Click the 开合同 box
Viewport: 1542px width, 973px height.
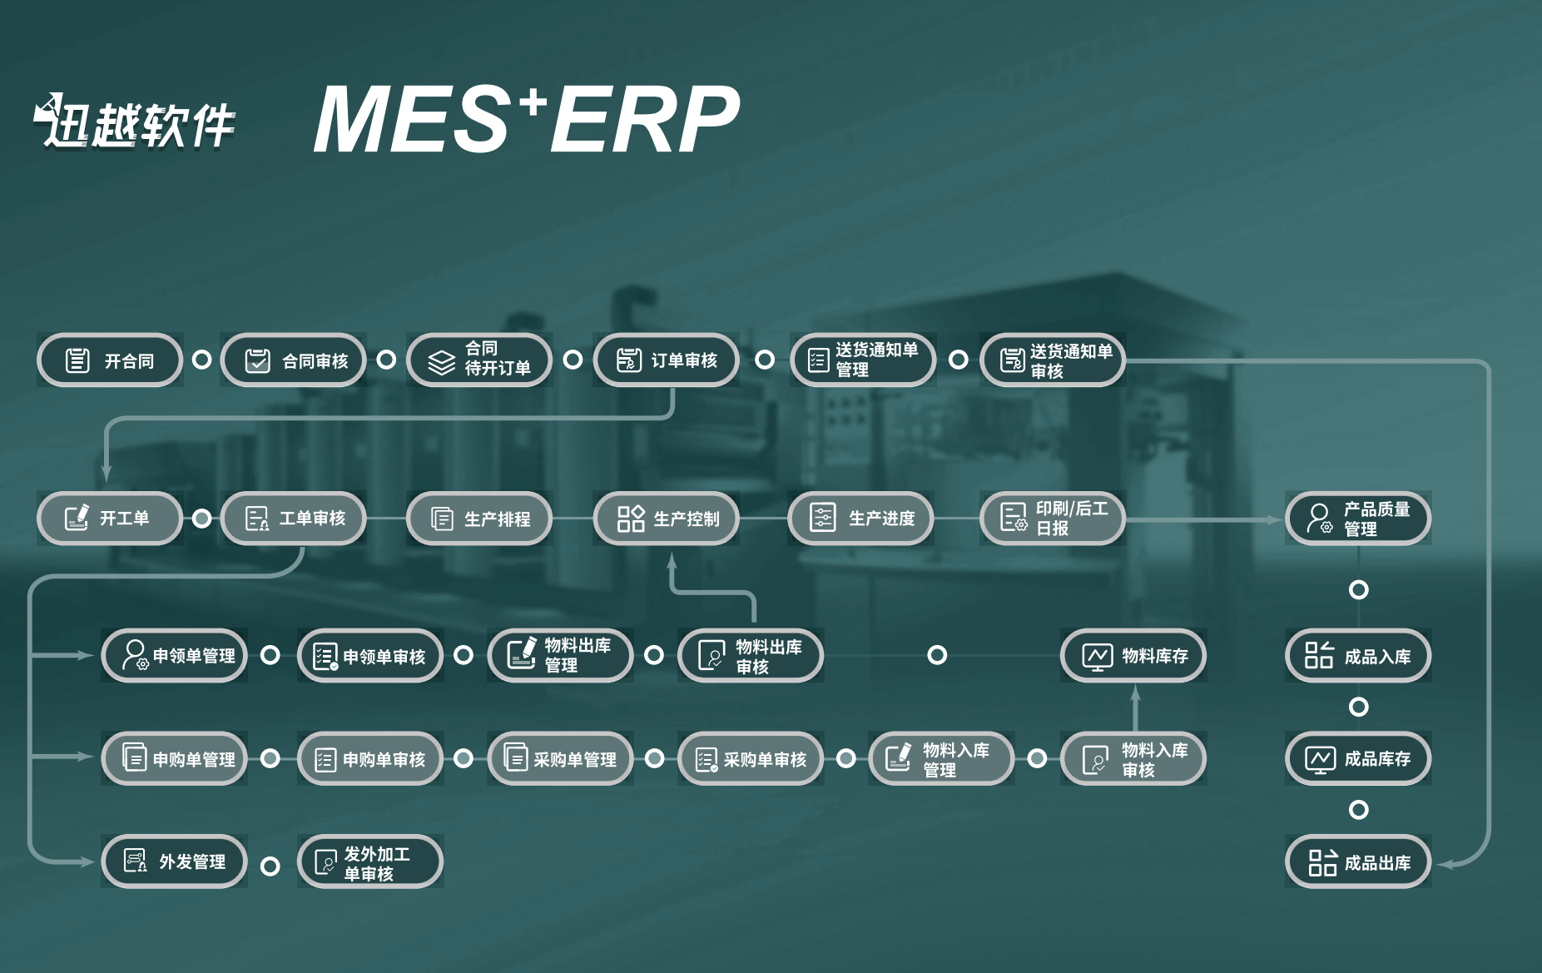[x=109, y=360]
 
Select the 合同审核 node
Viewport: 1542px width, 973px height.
[x=294, y=360]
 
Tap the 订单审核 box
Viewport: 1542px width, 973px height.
[x=666, y=360]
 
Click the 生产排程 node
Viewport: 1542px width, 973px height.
[x=479, y=519]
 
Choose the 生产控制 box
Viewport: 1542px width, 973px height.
[x=666, y=519]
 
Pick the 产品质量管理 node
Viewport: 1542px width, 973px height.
[x=1357, y=519]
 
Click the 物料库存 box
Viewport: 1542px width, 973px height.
[x=1133, y=656]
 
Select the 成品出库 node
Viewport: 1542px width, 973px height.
[x=1357, y=862]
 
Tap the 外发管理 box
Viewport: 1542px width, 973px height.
[x=174, y=861]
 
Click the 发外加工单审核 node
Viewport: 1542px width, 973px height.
[x=369, y=862]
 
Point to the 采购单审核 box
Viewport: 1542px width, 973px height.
[x=750, y=759]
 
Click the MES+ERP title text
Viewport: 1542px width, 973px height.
[x=525, y=121]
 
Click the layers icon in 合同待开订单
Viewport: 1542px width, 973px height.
[x=441, y=362]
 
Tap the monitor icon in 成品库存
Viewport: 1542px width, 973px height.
[x=1320, y=759]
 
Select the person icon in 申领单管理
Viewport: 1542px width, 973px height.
[x=135, y=655]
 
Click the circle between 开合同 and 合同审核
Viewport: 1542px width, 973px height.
[x=201, y=360]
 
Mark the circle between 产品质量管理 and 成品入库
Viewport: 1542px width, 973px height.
[x=1358, y=589]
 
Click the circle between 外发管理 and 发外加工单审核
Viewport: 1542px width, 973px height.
[x=270, y=866]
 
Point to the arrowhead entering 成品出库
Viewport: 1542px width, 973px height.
[x=1445, y=865]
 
